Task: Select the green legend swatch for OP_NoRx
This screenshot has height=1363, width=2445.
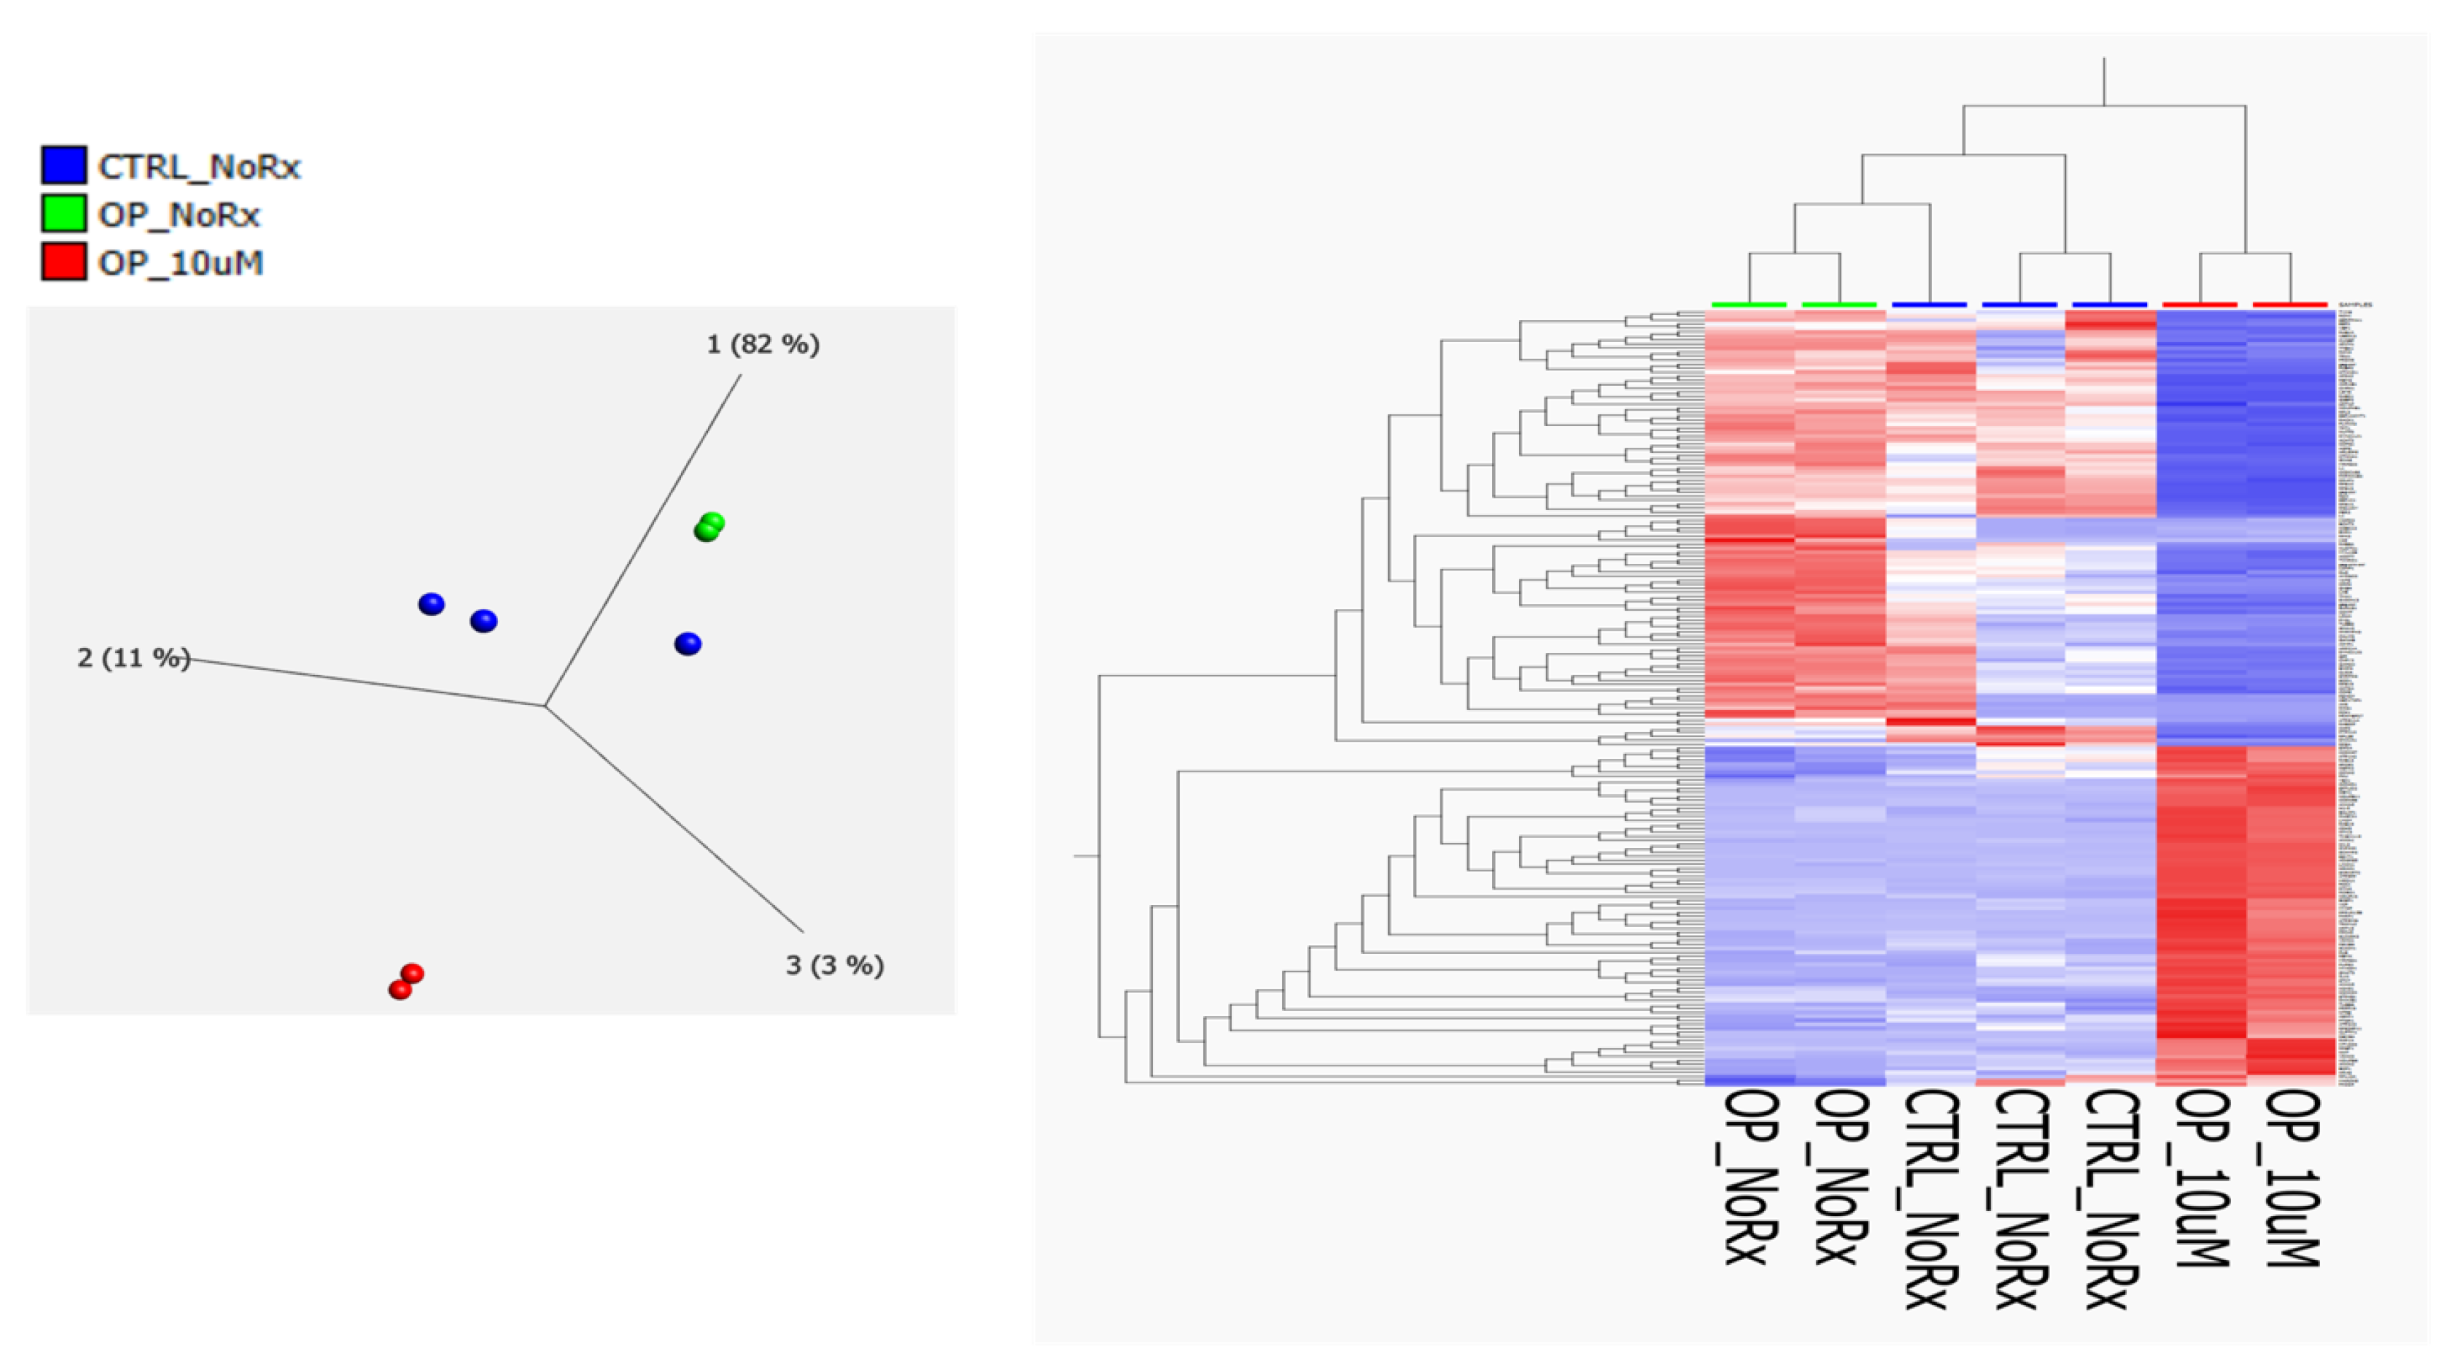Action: coord(64,213)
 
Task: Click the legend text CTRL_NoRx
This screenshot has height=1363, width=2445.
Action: coord(199,167)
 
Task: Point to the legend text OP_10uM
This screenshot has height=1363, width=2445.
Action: coord(180,263)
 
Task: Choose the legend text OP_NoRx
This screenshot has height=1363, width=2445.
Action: coord(179,216)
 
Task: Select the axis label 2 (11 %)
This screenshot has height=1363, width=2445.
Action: coord(133,657)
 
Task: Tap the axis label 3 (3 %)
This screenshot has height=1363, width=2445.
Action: coord(834,965)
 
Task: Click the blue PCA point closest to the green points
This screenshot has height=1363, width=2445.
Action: coord(688,644)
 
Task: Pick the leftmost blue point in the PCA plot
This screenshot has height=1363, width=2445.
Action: coord(431,603)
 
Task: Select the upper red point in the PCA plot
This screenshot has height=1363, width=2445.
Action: coord(412,973)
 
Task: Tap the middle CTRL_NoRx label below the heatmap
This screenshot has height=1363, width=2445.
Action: coord(2019,1198)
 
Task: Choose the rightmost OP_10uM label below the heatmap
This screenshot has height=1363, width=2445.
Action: coord(2293,1177)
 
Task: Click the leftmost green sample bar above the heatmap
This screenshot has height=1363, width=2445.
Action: coord(1748,305)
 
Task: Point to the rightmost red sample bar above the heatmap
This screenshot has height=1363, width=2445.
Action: coord(2290,305)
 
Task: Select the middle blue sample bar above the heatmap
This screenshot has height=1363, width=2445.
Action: coord(2019,305)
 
